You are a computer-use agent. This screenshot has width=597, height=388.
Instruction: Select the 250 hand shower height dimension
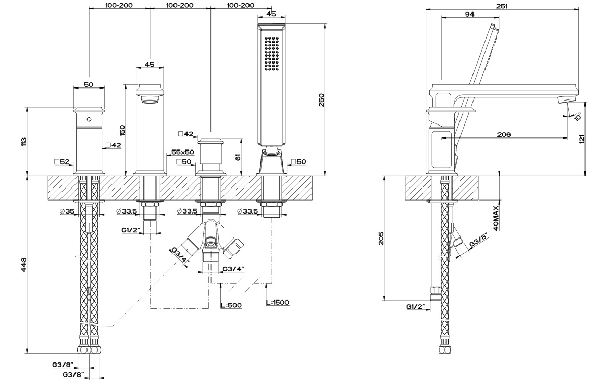[321, 100]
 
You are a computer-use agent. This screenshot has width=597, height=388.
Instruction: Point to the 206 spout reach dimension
[504, 134]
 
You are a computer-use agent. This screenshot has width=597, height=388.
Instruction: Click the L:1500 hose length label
[278, 303]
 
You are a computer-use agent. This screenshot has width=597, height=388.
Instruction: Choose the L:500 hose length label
[231, 305]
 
